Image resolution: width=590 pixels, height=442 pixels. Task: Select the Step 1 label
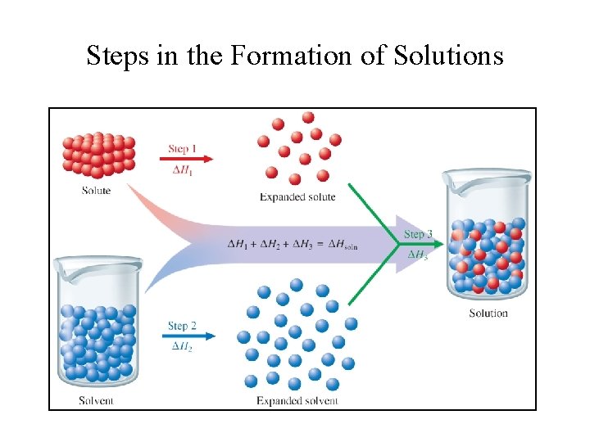pos(183,148)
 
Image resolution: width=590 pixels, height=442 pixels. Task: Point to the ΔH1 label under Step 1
pos(182,169)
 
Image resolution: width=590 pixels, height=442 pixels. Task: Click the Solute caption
pos(96,191)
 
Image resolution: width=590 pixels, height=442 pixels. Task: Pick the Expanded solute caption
pos(297,196)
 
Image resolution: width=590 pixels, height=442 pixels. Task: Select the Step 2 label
pos(182,326)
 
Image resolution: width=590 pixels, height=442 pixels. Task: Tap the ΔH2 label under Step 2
pos(182,347)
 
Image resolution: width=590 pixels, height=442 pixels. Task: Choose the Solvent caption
pos(96,400)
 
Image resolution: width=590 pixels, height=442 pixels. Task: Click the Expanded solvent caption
pos(297,400)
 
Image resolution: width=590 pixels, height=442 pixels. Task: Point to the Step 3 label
pos(417,234)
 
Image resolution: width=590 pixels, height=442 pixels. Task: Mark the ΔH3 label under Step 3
pos(417,255)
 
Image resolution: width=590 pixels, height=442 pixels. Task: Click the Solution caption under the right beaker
pos(488,313)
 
